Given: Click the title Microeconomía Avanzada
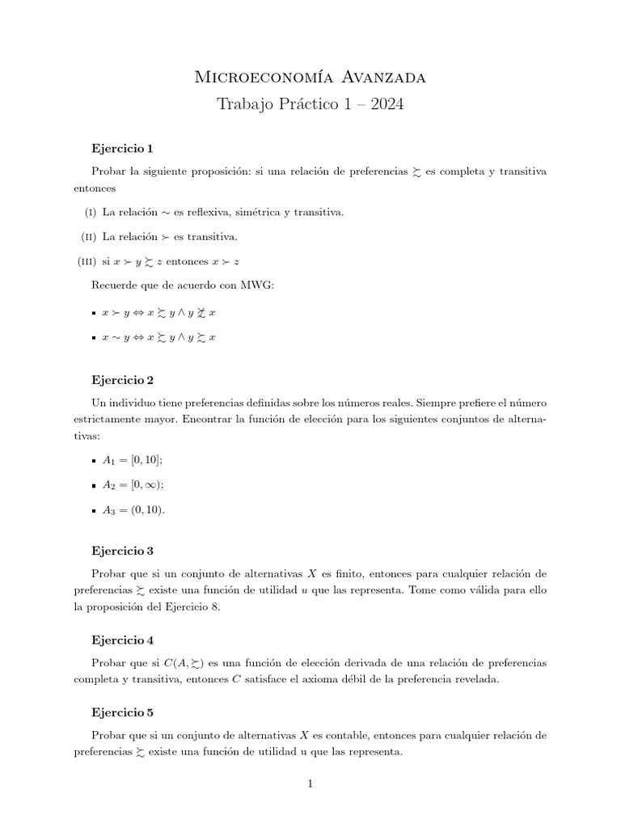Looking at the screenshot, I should tap(310, 77).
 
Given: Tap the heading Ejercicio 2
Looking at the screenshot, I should tap(123, 379).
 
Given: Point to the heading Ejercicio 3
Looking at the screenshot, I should tap(123, 551).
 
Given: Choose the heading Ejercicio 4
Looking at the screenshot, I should tap(123, 640).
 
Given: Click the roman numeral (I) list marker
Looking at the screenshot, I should tap(88, 213).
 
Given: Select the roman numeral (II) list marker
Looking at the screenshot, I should tap(87, 237).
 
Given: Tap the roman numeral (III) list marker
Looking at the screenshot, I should tap(86, 261).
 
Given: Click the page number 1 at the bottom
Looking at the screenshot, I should tap(310, 783).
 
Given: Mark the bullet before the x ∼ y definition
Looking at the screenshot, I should tap(95, 337).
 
